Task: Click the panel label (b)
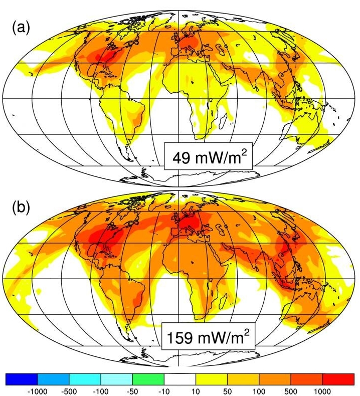coord(21,207)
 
